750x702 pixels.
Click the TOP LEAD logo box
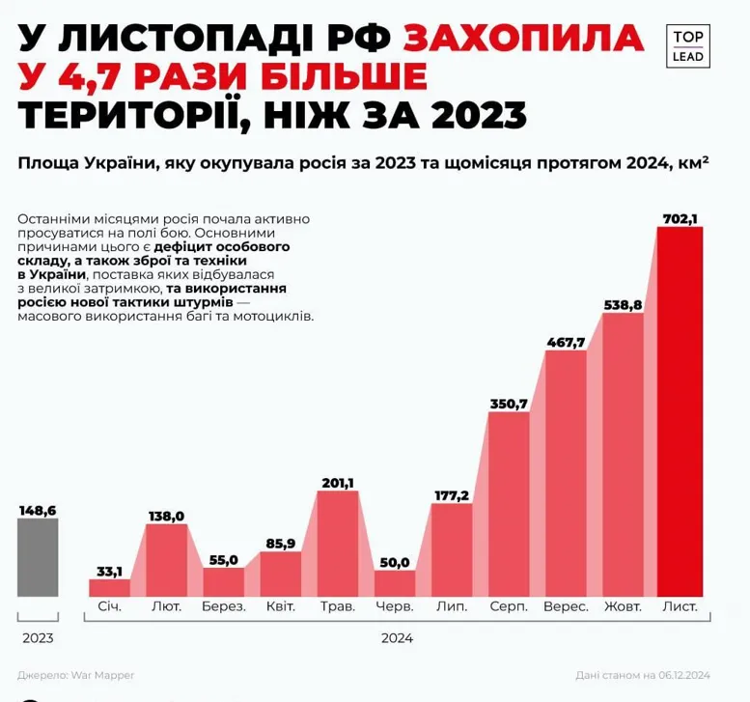click(x=687, y=45)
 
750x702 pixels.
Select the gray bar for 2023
click(x=38, y=557)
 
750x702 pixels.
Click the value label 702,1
click(x=680, y=219)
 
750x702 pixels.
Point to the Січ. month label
click(x=109, y=607)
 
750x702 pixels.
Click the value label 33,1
click(x=109, y=570)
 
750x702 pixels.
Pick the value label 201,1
click(x=337, y=483)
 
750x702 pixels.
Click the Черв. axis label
click(x=394, y=607)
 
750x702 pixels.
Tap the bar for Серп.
click(x=508, y=503)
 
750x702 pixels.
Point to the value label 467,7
click(x=566, y=343)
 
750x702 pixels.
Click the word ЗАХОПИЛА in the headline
click(x=522, y=38)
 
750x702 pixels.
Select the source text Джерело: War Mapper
click(x=75, y=674)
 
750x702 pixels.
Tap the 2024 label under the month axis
click(x=397, y=638)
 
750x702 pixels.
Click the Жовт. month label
click(x=623, y=607)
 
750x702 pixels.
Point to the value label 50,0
click(x=394, y=562)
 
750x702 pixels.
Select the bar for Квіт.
click(x=280, y=573)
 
